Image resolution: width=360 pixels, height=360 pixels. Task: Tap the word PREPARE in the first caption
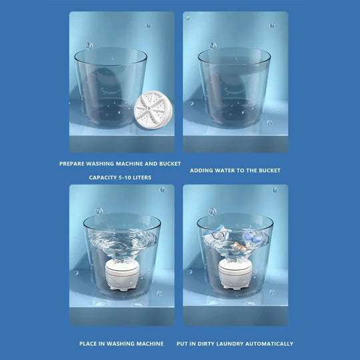pyautogui.click(x=71, y=163)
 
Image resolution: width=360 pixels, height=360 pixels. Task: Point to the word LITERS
pyautogui.click(x=143, y=178)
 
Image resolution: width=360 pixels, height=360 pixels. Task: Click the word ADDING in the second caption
pyautogui.click(x=201, y=171)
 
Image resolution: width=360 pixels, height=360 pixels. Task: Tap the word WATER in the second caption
pyautogui.click(x=229, y=171)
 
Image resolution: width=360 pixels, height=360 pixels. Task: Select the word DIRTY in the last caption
pyautogui.click(x=205, y=344)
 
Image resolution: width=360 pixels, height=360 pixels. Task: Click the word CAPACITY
pyautogui.click(x=102, y=178)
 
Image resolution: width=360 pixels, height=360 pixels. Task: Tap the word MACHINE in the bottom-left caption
pyautogui.click(x=149, y=344)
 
